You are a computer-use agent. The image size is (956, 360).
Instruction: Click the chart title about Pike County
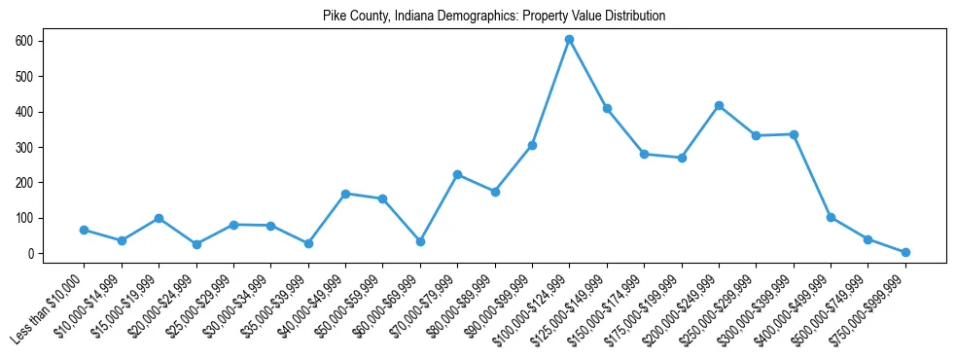click(x=494, y=17)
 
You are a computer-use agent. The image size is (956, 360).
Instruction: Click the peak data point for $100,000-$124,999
click(x=569, y=40)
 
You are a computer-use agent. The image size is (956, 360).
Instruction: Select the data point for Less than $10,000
click(x=84, y=230)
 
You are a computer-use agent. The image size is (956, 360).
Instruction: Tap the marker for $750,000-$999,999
click(x=905, y=252)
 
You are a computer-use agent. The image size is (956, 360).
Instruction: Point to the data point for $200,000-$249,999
click(x=719, y=105)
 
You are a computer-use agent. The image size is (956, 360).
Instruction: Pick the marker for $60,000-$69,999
click(x=420, y=241)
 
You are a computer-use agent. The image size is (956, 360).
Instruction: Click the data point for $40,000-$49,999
click(x=345, y=194)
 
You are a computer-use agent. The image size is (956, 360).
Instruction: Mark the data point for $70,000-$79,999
click(x=457, y=174)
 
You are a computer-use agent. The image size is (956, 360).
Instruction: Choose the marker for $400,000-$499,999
click(x=831, y=217)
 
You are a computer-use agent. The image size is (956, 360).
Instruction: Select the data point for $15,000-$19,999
click(x=159, y=218)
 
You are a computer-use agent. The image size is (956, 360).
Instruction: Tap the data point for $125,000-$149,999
click(x=607, y=108)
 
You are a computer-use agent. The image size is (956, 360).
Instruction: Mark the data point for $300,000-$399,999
click(x=794, y=134)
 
